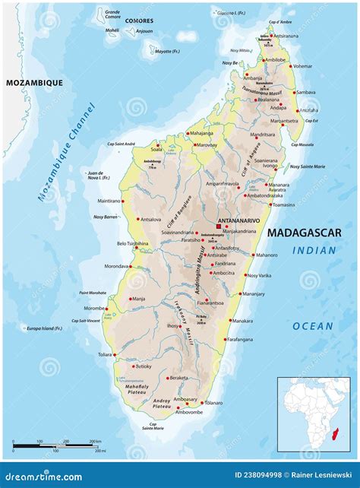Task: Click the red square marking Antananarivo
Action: (219, 226)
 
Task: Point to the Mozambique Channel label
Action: (68, 152)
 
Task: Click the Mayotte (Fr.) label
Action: (163, 52)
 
